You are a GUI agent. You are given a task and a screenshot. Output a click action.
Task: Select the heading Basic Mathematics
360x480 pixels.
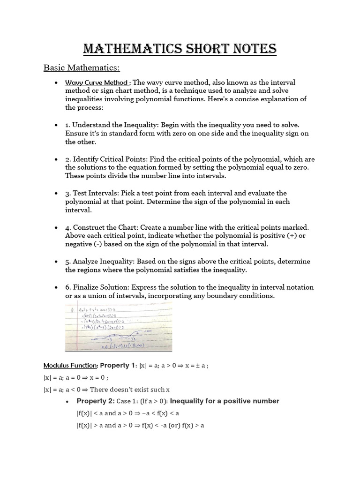coord(82,68)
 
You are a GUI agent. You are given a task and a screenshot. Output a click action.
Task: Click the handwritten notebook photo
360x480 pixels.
coord(119,327)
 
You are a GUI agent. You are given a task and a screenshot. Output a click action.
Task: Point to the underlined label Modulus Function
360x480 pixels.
coord(70,365)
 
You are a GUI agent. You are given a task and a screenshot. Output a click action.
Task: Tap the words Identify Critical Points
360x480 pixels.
coord(105,159)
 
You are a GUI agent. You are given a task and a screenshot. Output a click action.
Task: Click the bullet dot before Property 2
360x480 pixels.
coord(68,401)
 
